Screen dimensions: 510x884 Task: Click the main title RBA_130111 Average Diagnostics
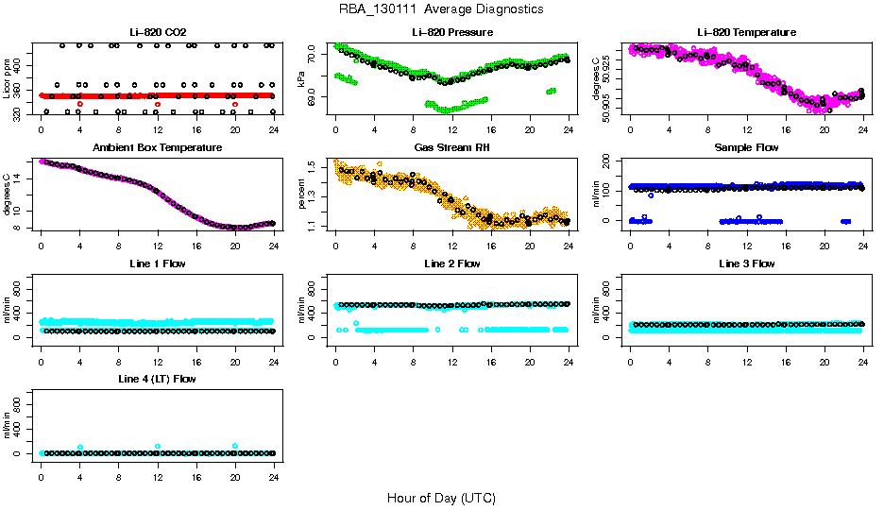[441, 9]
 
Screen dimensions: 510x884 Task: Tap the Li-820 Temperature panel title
[746, 33]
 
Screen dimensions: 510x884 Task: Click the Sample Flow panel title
[746, 148]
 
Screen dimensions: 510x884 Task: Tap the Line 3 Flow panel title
[746, 263]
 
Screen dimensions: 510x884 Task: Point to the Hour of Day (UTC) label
[441, 498]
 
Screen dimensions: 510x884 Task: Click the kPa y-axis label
[301, 79]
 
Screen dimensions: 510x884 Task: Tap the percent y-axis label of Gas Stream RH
[301, 195]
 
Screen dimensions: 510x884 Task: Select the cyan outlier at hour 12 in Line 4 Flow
[158, 446]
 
